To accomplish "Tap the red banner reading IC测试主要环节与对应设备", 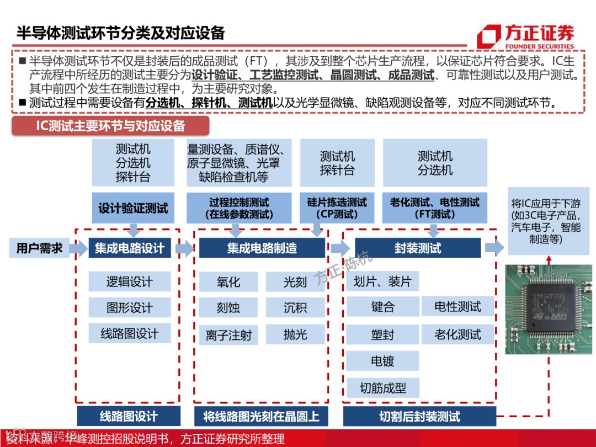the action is pos(110,126).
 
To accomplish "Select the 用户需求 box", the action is pos(39,248).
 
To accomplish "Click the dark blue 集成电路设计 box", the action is pos(129,248).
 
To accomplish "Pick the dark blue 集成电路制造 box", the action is pos(262,248).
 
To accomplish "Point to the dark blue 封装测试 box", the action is pos(418,248).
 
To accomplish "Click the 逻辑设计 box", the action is pos(129,282).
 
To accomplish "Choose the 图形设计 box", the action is pos(129,307).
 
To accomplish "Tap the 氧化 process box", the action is pos(228,282).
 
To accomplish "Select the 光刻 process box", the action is pos(295,282).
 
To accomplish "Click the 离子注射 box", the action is pos(228,335).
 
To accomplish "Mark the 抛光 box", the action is pos(295,334).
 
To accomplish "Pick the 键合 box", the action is pos(382,307).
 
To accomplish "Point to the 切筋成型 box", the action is pos(382,388).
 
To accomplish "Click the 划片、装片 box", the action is pos(382,282).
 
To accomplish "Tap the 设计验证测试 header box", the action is pos(133,209).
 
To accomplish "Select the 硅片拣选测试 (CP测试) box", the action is pos(337,208).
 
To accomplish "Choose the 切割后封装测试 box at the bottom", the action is pos(419,417).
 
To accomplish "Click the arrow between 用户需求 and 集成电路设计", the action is pos(78,248).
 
